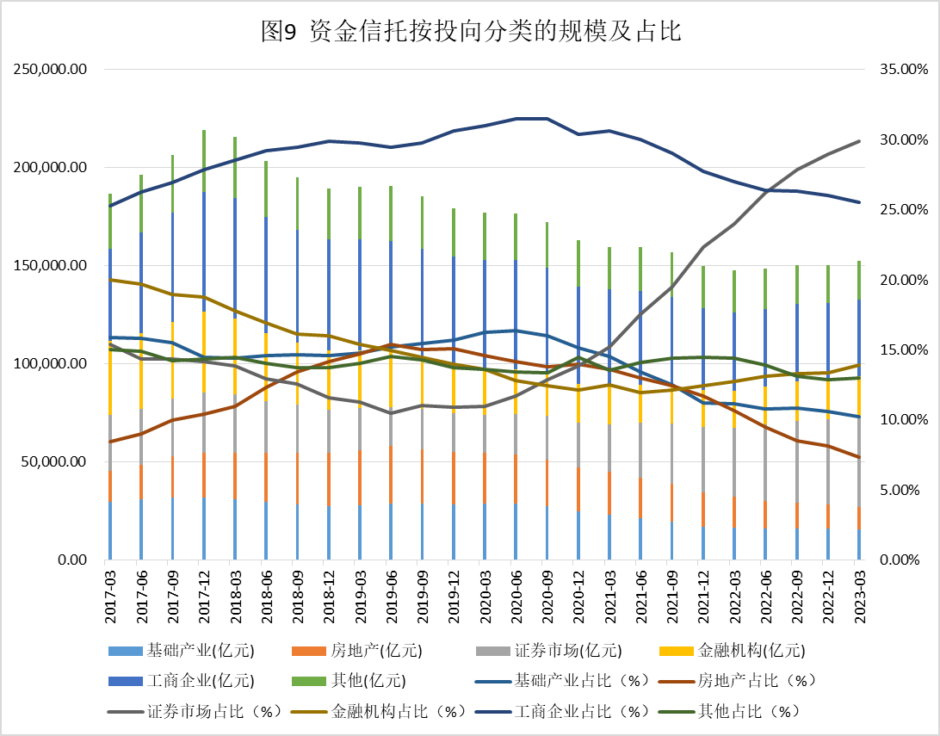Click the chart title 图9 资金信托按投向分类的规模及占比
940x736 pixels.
coord(470,33)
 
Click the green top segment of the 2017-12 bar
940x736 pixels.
coord(204,161)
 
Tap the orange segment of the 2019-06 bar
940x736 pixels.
coord(391,465)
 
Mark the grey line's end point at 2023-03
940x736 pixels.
coord(859,140)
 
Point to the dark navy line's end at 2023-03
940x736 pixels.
coord(859,202)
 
